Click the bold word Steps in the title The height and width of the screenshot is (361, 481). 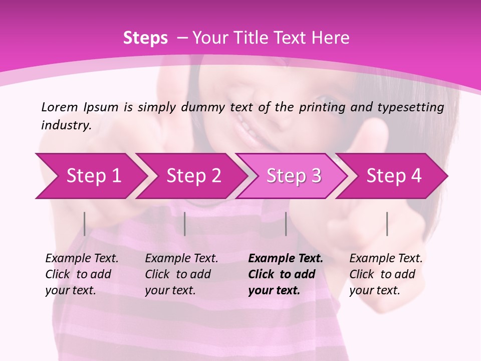click(145, 38)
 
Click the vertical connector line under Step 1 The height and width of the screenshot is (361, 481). click(84, 224)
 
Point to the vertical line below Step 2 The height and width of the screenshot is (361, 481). click(185, 224)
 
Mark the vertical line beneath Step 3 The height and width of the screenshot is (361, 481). click(286, 224)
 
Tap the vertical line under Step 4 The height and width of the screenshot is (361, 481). click(387, 224)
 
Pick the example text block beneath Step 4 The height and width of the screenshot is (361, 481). click(386, 274)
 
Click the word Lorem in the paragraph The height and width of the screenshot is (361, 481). click(59, 107)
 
